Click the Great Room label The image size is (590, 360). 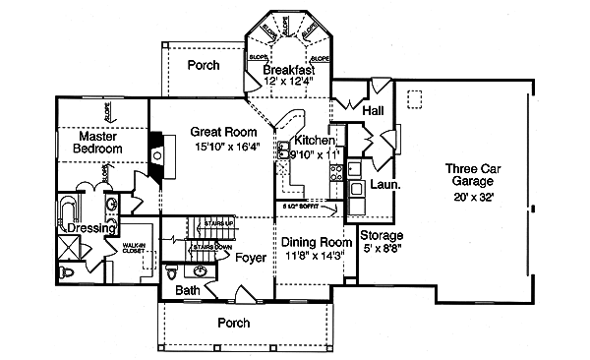224,132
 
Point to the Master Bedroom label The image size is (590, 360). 97,142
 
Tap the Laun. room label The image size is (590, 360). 383,183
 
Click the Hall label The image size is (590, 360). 373,112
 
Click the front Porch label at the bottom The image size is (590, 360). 233,323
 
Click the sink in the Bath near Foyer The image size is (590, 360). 200,270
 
